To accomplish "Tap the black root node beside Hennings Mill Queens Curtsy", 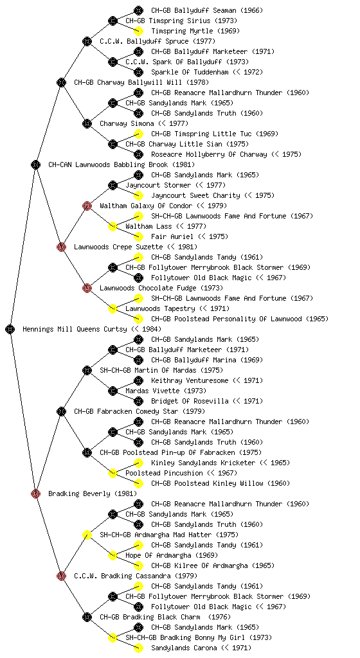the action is pos(10,329).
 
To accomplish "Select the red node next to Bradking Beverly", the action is pos(35,493).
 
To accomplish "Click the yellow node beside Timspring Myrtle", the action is pos(138,31).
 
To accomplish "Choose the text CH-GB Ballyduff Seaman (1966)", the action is pos(207,10).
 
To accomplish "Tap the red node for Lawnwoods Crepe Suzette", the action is pos(61,247).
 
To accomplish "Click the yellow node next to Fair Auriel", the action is pos(138,236).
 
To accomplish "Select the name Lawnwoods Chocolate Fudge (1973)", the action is pos(161,288).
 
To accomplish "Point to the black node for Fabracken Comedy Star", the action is pos(61,411).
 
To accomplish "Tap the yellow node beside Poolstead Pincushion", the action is pos(113,473).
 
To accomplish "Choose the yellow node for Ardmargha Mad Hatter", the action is pos(87,535).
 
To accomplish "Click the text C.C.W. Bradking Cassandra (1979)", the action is pos(136,576).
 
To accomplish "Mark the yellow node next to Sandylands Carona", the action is pos(138,648).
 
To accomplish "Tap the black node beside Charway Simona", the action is pos(87,123).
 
